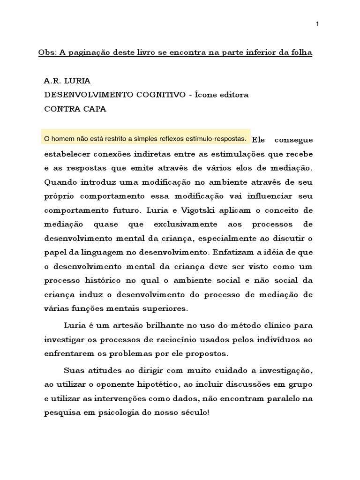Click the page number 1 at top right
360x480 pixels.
point(317,25)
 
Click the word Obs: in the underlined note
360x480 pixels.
point(48,52)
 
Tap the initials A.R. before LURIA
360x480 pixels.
point(52,81)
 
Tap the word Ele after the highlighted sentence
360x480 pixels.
point(258,140)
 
